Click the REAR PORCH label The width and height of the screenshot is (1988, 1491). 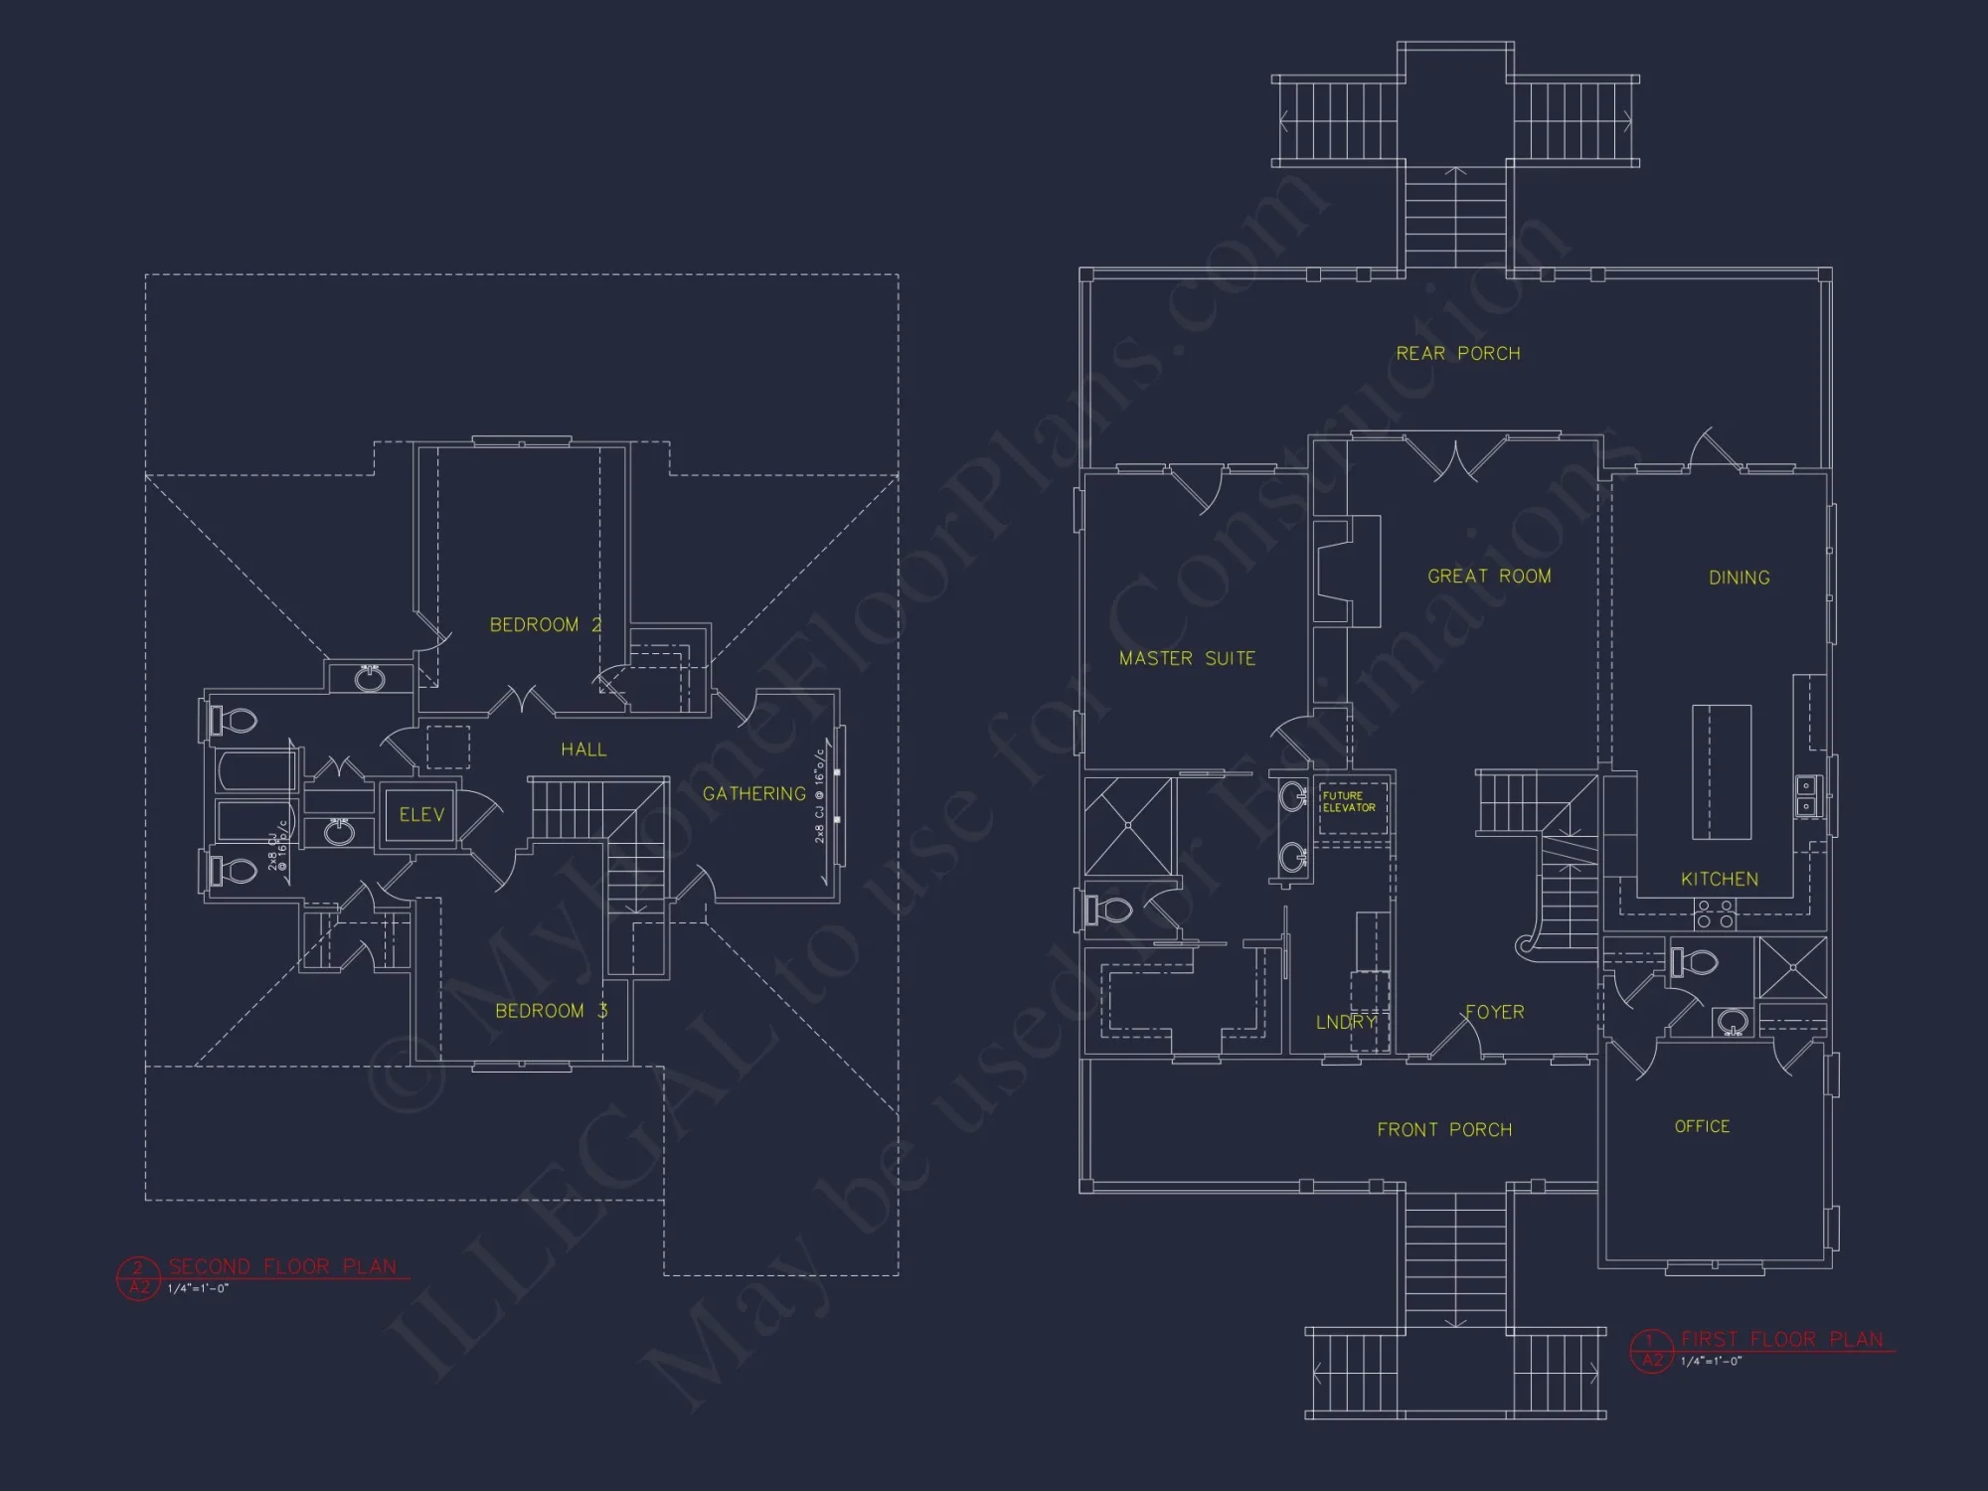1458,354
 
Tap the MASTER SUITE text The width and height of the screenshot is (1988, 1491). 1187,658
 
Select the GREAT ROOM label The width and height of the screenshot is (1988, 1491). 1489,577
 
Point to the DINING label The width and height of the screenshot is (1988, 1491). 1739,578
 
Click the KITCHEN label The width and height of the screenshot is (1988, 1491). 1719,879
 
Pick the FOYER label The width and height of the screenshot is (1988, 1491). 1494,1012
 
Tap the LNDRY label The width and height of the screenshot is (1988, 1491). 1345,1022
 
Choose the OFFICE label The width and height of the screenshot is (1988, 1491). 1702,1126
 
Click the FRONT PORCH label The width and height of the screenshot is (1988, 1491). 1444,1129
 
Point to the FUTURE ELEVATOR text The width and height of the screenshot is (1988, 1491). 1349,801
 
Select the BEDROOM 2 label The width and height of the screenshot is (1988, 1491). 545,624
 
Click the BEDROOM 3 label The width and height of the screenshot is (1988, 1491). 551,1011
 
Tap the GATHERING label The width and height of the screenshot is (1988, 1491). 753,793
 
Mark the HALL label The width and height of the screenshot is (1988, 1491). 583,749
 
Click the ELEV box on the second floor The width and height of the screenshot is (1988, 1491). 420,815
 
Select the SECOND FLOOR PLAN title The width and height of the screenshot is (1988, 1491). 282,1266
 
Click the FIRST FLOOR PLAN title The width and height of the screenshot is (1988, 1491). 1781,1339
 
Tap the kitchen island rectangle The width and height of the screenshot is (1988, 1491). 1722,771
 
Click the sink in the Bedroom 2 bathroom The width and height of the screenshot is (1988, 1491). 370,679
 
